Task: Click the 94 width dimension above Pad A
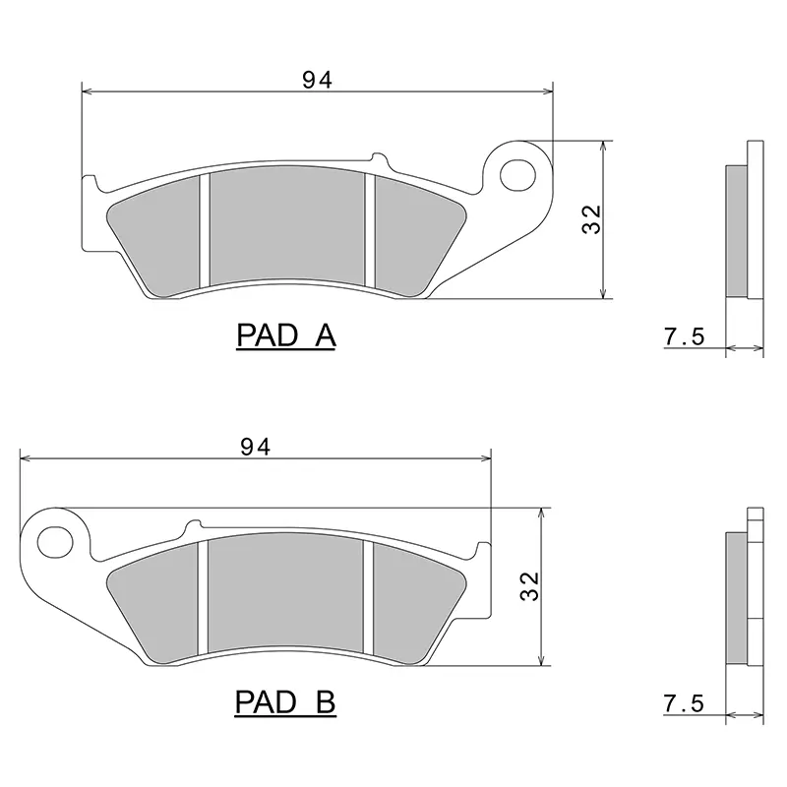tap(317, 80)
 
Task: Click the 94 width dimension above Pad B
tap(256, 447)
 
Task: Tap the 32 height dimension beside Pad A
tap(591, 219)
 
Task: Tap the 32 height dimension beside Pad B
tap(529, 586)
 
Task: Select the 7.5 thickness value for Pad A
tap(685, 336)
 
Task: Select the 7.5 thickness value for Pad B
tap(685, 703)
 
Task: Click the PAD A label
tap(286, 335)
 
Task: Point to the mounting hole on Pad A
tap(518, 175)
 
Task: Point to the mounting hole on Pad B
tap(55, 542)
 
